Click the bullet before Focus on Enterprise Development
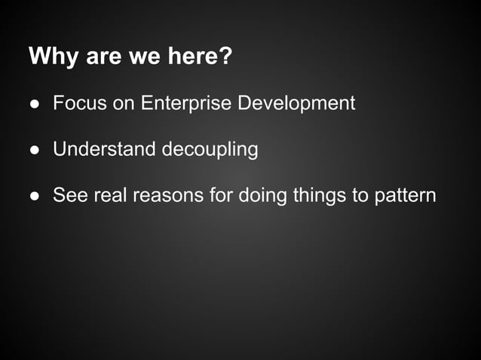(x=34, y=103)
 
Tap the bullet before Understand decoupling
(x=34, y=150)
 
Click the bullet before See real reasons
(x=34, y=196)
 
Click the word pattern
(x=406, y=196)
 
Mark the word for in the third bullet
(x=222, y=196)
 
